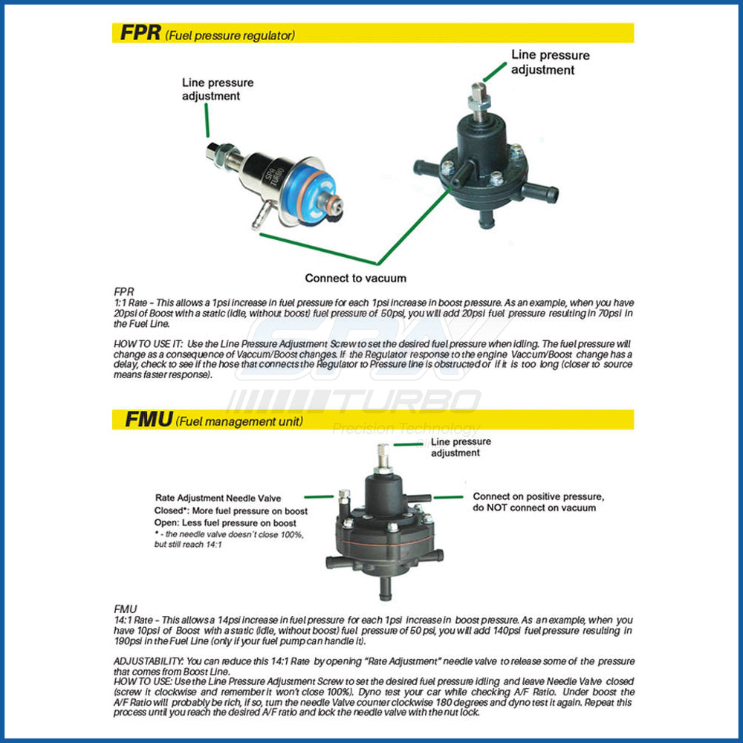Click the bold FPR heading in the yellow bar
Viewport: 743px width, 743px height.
[140, 33]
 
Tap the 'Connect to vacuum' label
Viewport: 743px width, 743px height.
[356, 278]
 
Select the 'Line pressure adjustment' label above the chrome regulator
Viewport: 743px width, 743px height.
[218, 89]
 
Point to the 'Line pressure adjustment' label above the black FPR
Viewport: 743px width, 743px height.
[550, 62]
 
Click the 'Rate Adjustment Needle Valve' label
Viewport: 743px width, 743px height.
[218, 498]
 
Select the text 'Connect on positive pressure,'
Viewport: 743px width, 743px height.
[538, 496]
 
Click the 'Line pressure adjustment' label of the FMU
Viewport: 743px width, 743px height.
[461, 447]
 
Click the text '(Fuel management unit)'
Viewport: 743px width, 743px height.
[239, 422]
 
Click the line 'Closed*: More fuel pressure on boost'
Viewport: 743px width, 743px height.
[231, 511]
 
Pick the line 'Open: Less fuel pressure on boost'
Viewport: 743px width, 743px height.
[225, 523]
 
